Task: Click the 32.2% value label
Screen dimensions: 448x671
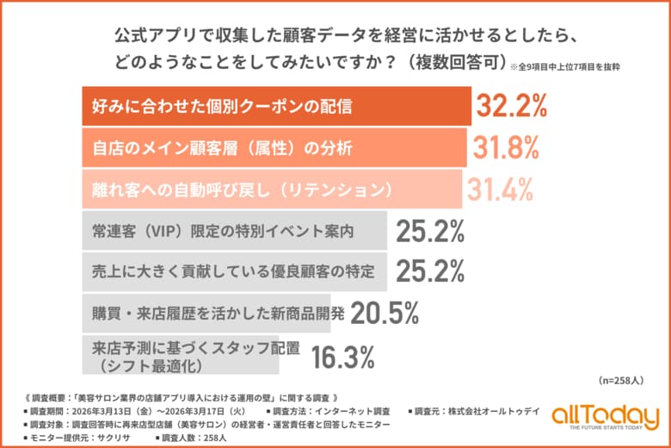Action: [x=512, y=107]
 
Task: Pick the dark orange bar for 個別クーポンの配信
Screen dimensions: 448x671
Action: [x=275, y=107]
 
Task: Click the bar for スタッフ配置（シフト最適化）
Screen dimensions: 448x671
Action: [x=180, y=355]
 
